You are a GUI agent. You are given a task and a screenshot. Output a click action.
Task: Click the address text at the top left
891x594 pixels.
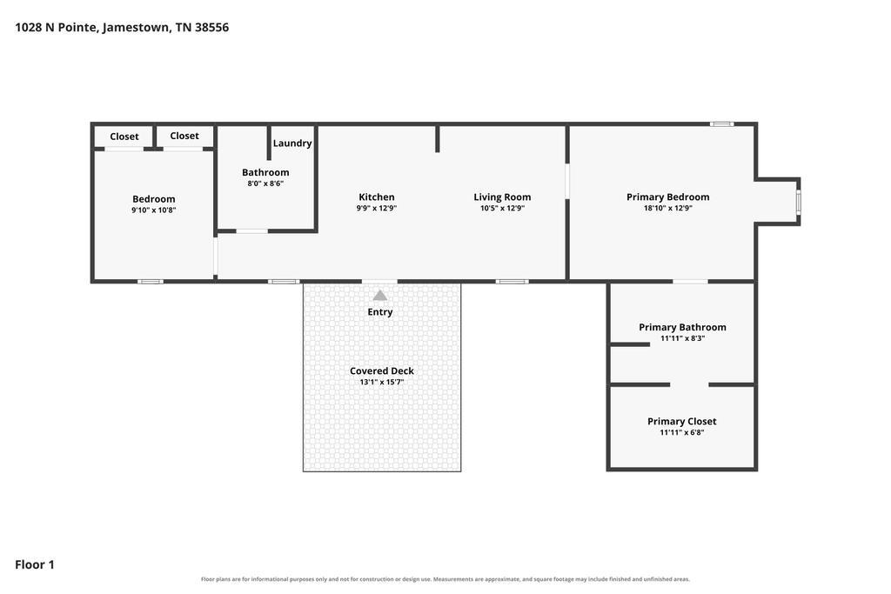[122, 27]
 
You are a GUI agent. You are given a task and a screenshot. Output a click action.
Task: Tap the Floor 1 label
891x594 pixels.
[35, 564]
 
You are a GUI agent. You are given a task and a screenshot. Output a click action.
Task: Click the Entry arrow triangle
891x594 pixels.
[380, 296]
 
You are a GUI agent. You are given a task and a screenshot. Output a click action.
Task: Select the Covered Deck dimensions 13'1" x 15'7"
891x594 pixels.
[382, 382]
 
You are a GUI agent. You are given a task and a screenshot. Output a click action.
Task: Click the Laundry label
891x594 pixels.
[292, 143]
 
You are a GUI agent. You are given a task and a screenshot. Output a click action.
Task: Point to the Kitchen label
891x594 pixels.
[377, 197]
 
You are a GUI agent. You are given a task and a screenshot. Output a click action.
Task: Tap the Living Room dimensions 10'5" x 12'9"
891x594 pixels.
[502, 209]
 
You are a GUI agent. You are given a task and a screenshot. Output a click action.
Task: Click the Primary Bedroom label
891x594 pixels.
[668, 197]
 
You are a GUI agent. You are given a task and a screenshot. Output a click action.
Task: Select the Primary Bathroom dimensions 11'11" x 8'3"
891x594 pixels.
[682, 338]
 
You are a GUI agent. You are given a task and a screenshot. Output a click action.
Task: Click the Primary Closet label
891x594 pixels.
[682, 421]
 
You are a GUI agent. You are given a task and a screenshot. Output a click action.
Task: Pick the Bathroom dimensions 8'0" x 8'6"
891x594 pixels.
[265, 184]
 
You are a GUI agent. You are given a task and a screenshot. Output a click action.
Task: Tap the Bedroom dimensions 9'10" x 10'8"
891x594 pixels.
[154, 210]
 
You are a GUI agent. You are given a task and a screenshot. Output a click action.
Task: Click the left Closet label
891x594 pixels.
[124, 137]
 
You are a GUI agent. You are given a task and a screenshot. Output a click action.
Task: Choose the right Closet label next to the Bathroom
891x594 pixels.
[184, 136]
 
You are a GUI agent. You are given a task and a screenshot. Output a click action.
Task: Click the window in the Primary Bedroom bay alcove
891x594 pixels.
[799, 202]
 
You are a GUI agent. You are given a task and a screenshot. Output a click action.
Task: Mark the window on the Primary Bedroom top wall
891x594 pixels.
[721, 123]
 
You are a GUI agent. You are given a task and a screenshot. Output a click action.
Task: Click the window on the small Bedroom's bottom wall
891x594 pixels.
[150, 282]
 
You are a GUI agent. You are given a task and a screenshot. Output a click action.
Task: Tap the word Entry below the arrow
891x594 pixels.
[380, 311]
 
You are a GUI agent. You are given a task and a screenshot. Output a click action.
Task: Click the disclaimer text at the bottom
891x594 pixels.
[445, 579]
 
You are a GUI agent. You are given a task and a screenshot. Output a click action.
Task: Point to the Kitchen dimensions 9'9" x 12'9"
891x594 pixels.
[377, 209]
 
